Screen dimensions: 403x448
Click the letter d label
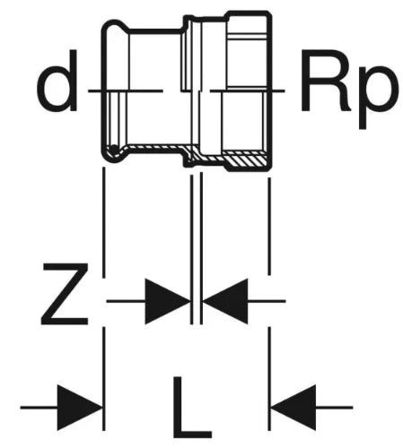(57, 81)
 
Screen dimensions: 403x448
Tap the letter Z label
(65, 294)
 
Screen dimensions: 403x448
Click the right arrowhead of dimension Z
(225, 301)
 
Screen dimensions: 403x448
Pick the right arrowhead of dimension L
(293, 408)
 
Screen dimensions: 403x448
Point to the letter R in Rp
(326, 81)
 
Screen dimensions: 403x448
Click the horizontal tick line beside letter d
(126, 90)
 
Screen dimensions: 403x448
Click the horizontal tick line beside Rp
(248, 90)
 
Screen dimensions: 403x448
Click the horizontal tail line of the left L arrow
(39, 408)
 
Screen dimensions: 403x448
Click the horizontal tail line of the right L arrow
(335, 408)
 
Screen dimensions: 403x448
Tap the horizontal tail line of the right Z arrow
(267, 301)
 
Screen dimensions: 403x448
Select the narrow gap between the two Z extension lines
(197, 248)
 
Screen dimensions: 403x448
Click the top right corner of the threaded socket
(269, 13)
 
